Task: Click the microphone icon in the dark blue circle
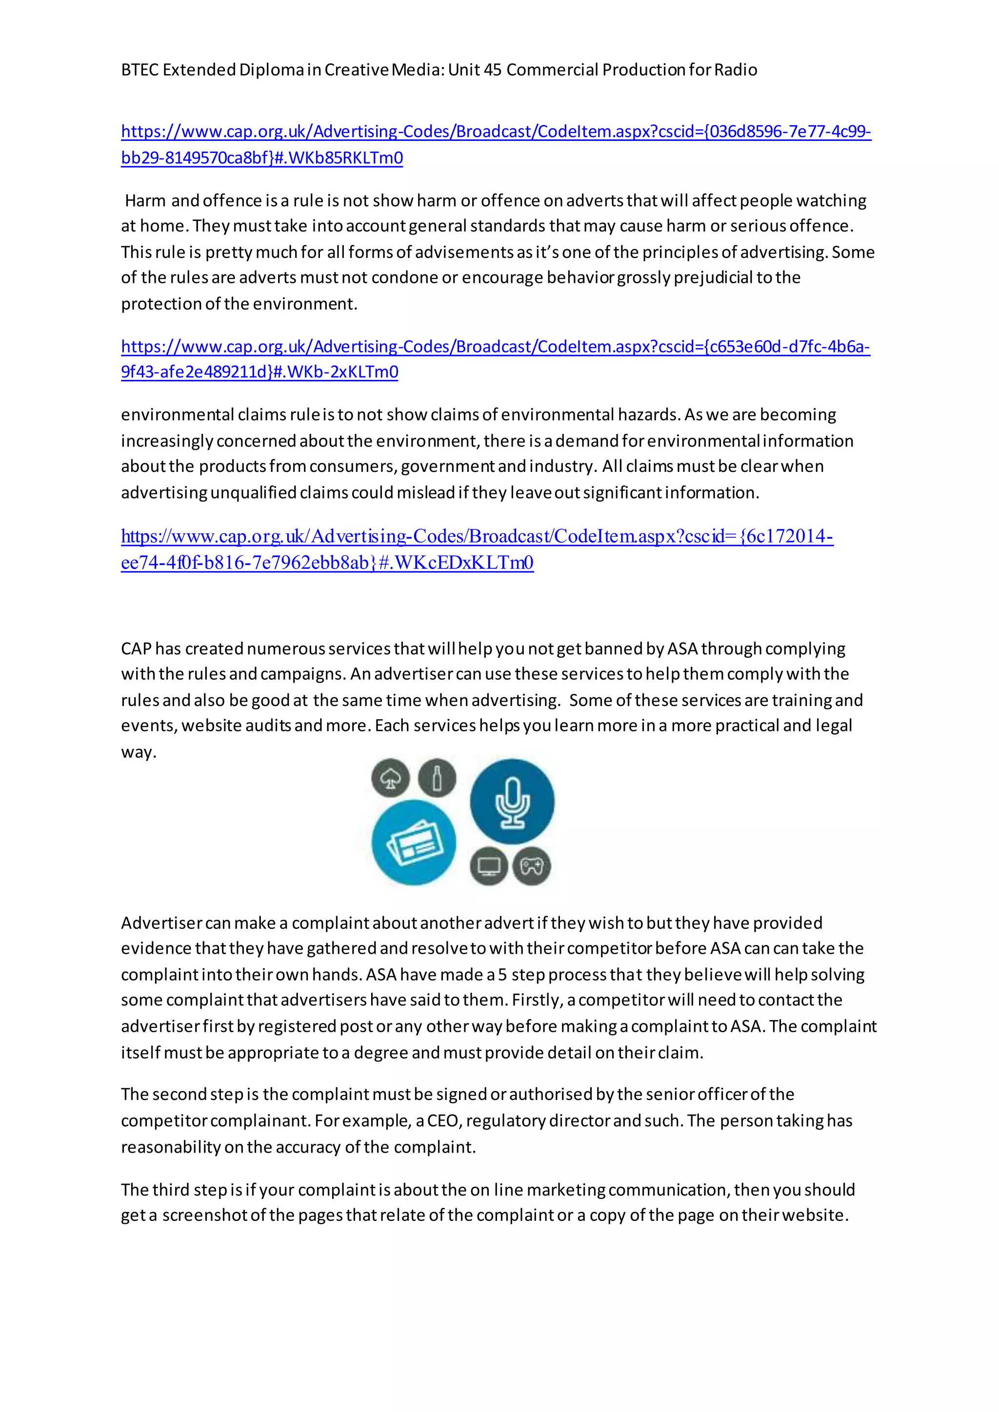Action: pyautogui.click(x=512, y=802)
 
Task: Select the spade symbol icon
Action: pyautogui.click(x=390, y=778)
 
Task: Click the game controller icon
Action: pyautogui.click(x=532, y=866)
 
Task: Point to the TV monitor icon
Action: pyautogui.click(x=489, y=866)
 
